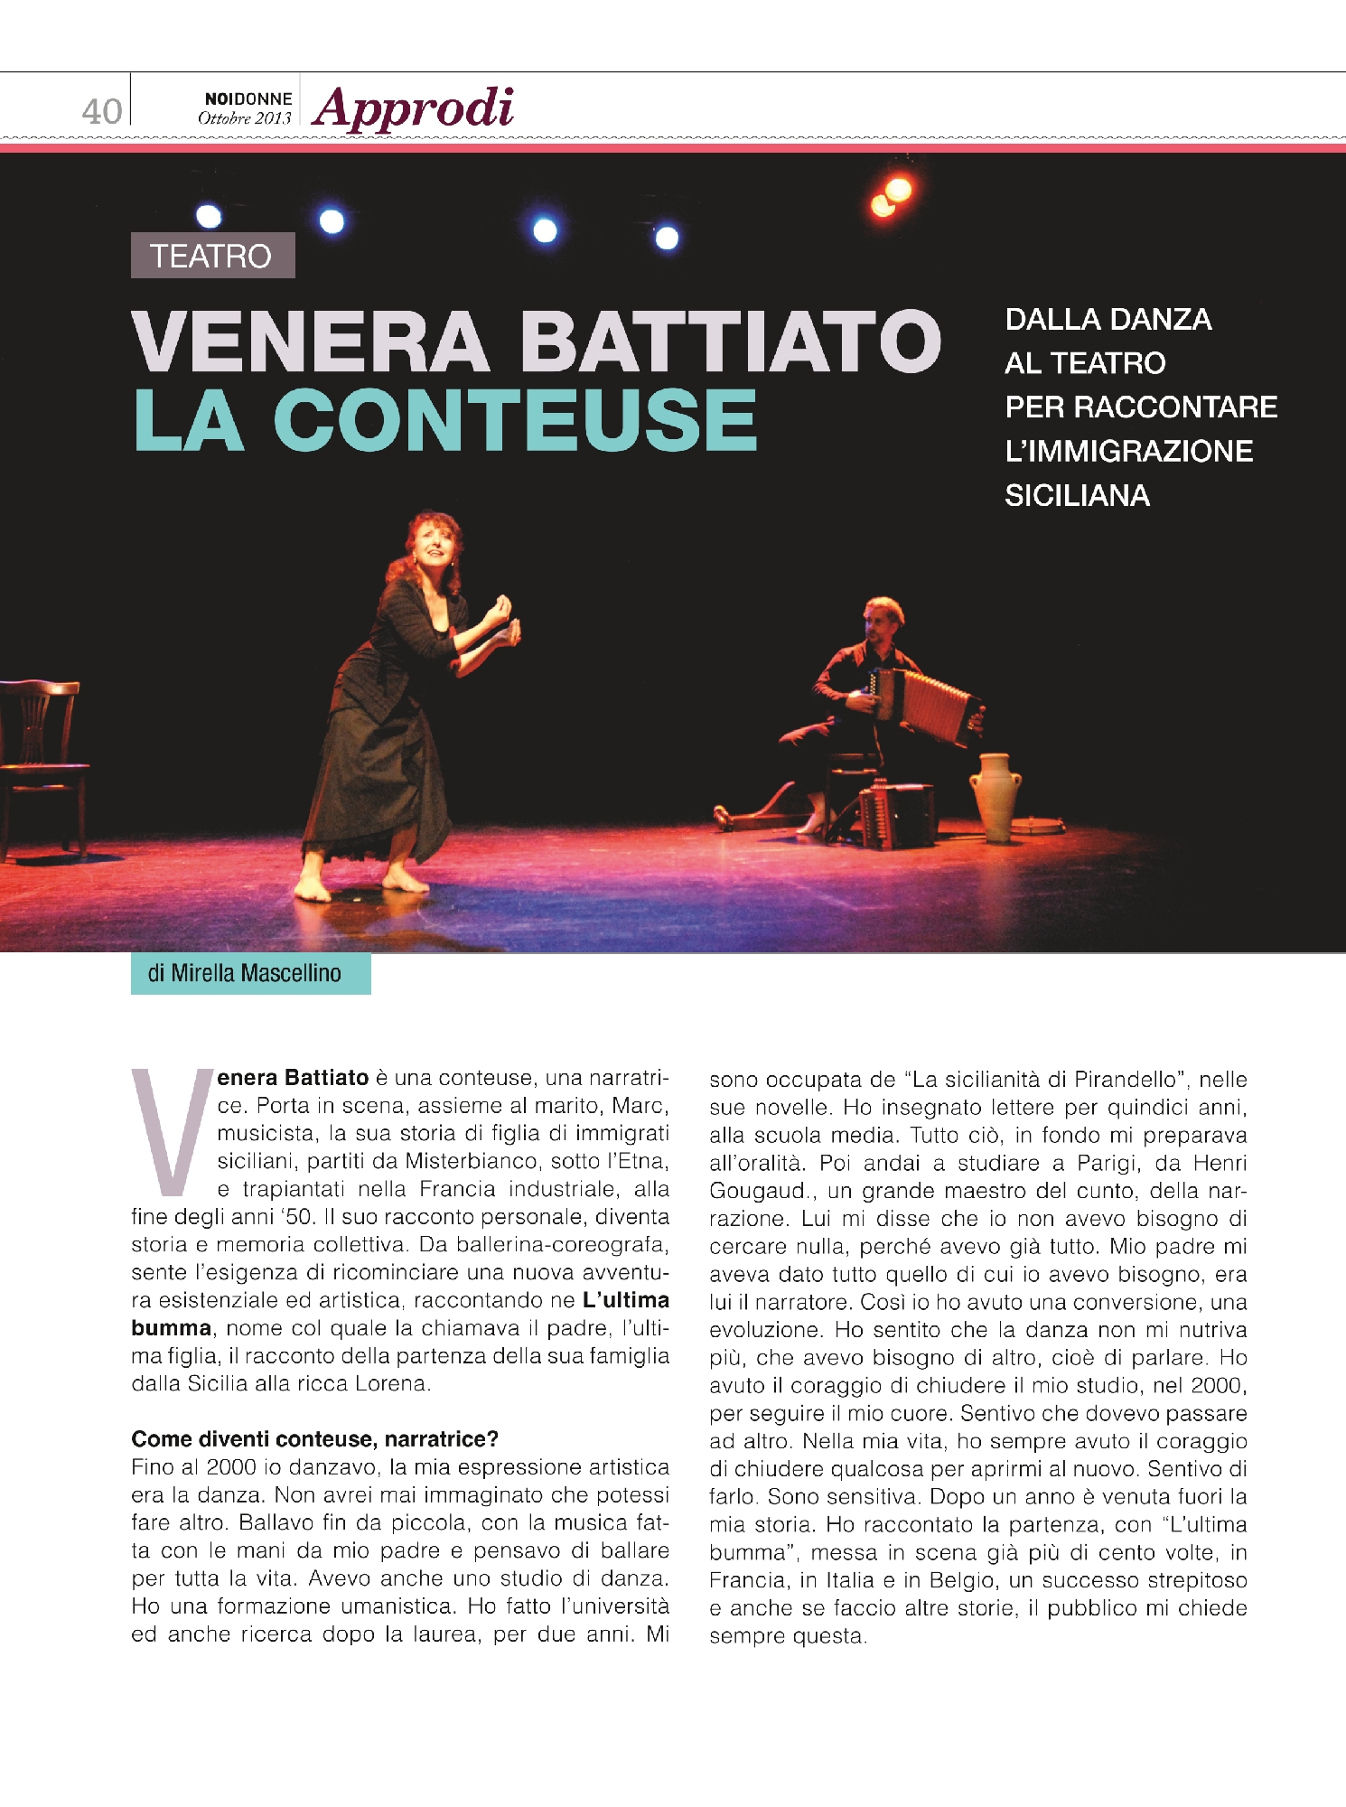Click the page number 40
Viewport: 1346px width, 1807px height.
coord(101,111)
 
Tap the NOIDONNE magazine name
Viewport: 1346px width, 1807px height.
coord(248,98)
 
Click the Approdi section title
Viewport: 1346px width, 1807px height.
coord(414,108)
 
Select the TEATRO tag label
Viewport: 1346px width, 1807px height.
coord(212,256)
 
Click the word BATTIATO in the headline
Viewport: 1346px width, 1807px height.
coord(730,341)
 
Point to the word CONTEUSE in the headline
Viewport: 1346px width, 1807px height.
coord(515,420)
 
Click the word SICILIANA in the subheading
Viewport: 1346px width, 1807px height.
coord(1077,495)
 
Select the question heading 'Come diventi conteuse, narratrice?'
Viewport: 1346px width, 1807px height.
coord(314,1438)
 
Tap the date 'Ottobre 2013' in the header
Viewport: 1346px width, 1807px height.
coord(245,118)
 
